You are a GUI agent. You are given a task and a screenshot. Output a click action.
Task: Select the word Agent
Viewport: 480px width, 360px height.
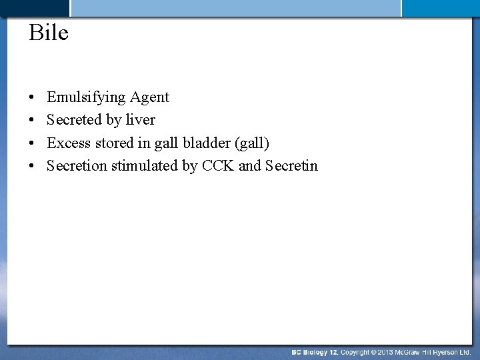click(149, 97)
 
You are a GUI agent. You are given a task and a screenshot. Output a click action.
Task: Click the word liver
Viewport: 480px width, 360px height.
click(141, 120)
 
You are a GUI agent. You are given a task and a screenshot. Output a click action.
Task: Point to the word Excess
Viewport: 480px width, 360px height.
click(67, 143)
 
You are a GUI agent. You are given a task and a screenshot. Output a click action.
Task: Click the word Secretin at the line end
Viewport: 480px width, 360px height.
click(291, 165)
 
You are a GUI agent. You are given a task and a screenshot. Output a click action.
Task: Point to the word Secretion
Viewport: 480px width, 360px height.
click(77, 165)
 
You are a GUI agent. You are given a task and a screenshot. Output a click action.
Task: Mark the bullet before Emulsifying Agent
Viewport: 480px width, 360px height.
click(32, 98)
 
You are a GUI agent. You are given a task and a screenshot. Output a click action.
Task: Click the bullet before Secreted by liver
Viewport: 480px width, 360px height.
click(32, 121)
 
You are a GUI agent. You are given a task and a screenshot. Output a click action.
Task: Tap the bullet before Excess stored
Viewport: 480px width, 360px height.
click(32, 143)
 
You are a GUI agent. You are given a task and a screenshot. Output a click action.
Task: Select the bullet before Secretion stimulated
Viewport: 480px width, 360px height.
click(32, 166)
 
